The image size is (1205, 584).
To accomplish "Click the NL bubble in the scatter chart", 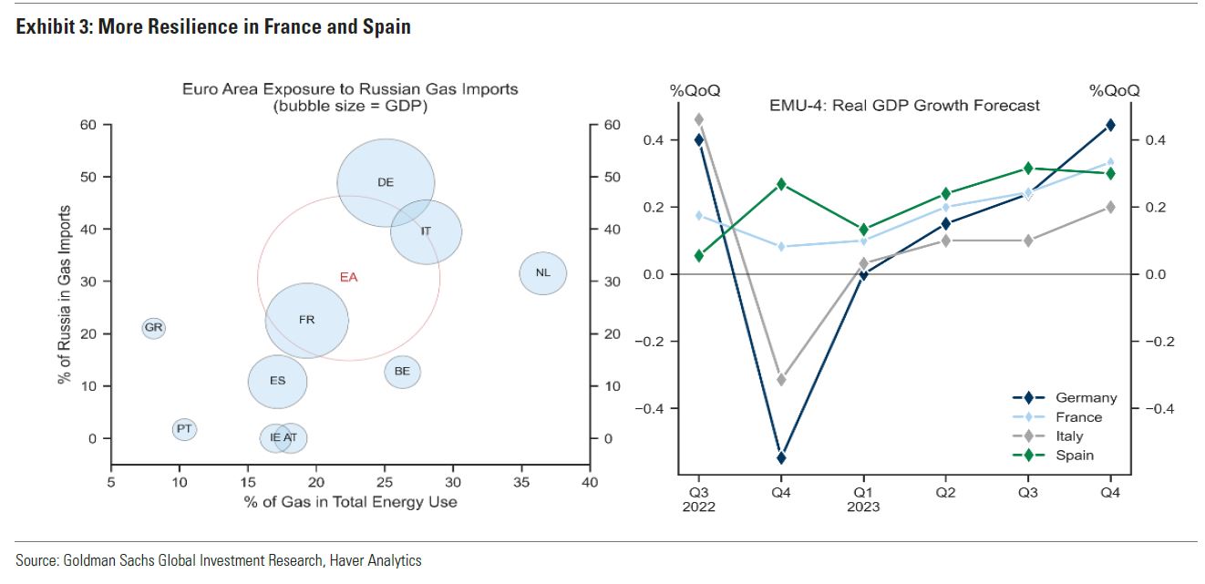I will click(543, 273).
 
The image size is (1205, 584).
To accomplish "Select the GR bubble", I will click(154, 328).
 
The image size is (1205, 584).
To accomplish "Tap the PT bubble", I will click(184, 428).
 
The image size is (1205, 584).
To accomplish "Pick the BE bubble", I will click(402, 372).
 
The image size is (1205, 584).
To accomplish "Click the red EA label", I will click(348, 278).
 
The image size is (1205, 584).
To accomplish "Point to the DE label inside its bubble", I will click(386, 182).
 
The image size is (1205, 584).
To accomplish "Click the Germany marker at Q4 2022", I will click(781, 457).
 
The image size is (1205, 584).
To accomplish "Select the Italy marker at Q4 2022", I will click(781, 379).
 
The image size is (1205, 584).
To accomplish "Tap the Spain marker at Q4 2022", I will click(781, 184).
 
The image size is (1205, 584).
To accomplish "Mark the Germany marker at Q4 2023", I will click(1110, 125).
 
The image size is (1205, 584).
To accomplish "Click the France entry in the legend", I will click(1078, 417).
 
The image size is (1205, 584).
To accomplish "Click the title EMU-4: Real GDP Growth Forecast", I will click(904, 106).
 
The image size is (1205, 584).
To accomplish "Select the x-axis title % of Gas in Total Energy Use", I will click(350, 502).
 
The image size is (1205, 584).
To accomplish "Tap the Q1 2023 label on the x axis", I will click(863, 498).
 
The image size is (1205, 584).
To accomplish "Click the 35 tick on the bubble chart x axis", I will click(520, 481).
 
